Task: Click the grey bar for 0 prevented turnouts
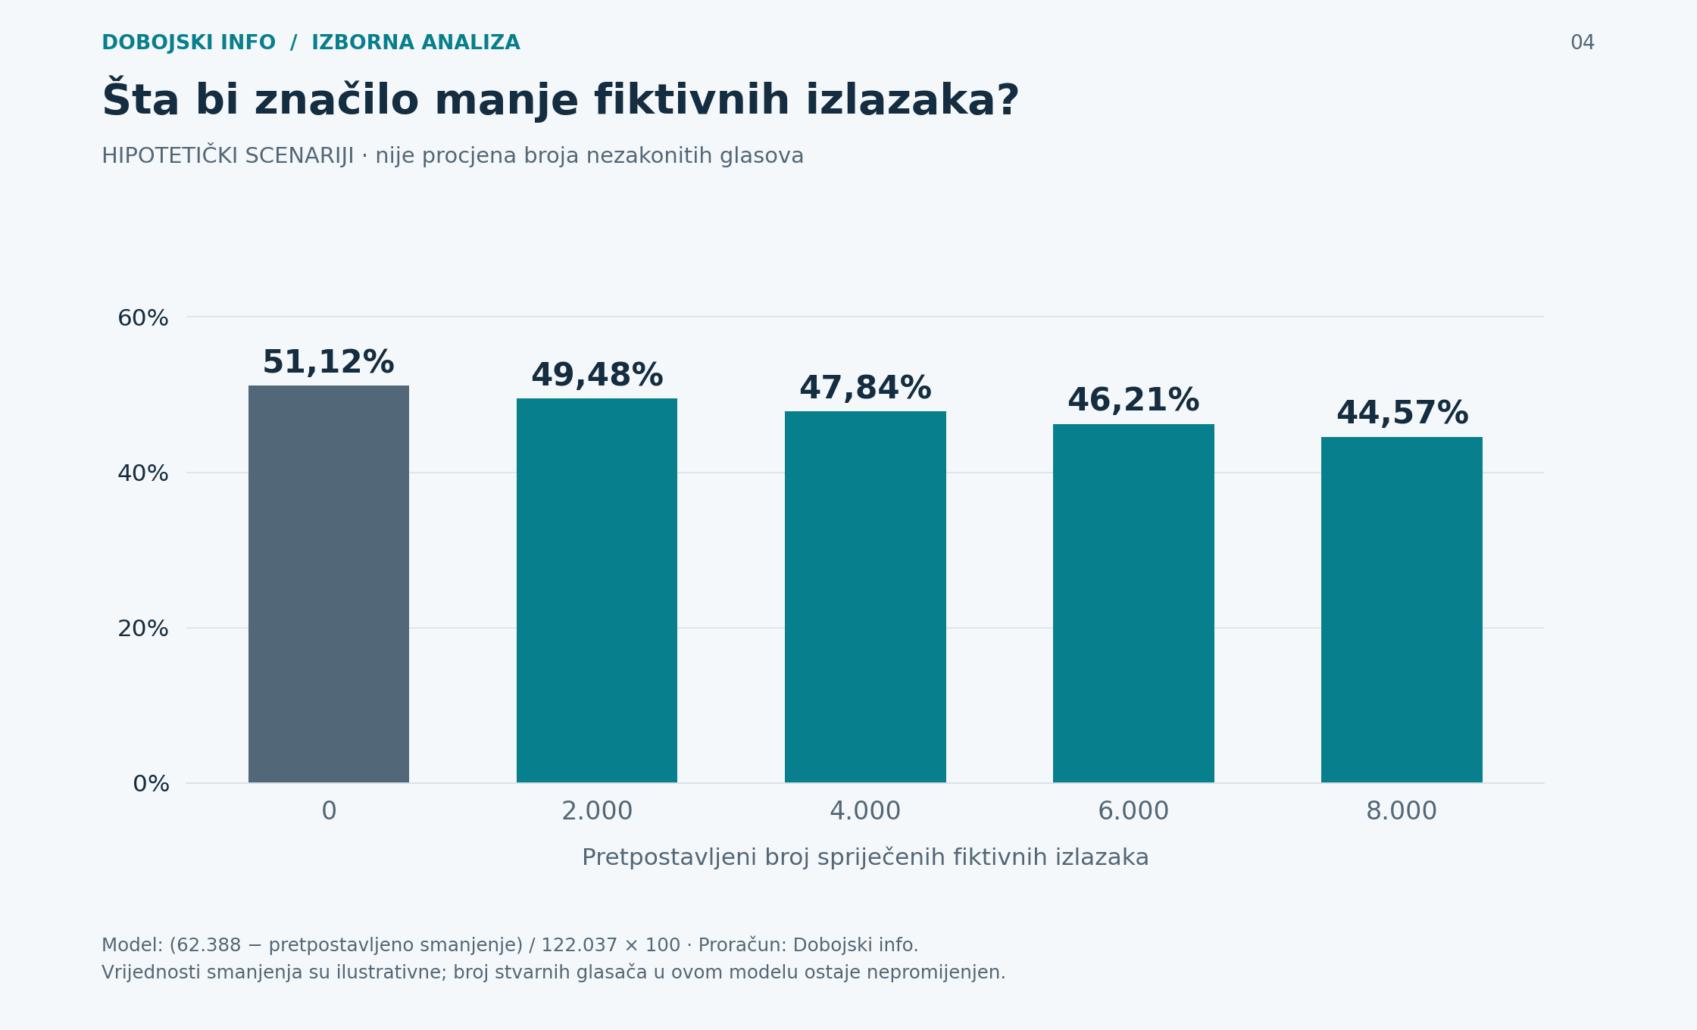point(329,584)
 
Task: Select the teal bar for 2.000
point(597,591)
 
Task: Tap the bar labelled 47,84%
point(865,597)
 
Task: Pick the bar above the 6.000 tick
point(1133,604)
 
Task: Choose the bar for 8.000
point(1402,610)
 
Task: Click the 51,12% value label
point(328,363)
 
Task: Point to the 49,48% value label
point(597,376)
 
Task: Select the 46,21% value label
point(1133,401)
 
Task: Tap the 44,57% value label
point(1402,414)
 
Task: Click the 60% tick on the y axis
point(143,318)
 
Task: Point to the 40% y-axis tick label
point(143,473)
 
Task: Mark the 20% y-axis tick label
point(143,629)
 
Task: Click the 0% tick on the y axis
point(151,784)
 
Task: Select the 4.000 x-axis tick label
point(865,811)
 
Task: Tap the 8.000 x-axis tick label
point(1402,811)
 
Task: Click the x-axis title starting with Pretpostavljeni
point(865,857)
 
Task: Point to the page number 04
point(1583,43)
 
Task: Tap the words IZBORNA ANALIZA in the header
point(416,43)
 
